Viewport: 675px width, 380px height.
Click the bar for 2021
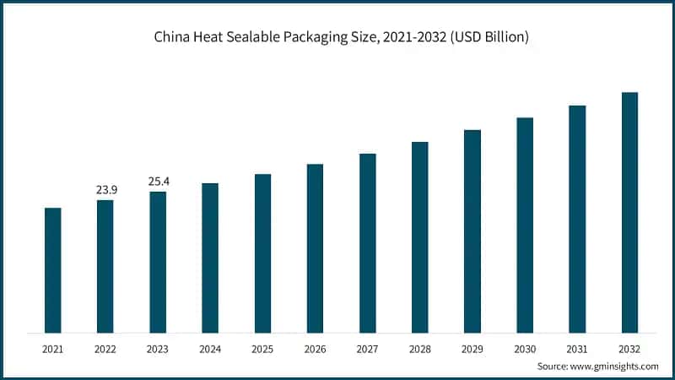tap(52, 270)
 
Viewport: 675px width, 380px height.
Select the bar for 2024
tap(210, 258)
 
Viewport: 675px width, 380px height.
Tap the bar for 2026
tap(315, 248)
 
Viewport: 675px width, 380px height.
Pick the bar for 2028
tap(420, 237)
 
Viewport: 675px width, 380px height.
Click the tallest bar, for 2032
tap(629, 212)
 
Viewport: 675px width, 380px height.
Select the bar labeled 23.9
tap(105, 266)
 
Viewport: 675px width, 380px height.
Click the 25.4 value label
tap(158, 182)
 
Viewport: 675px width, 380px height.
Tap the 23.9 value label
tap(105, 190)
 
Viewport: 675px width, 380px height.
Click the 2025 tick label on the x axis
tap(262, 349)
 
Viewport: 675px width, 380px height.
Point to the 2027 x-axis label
tap(367, 349)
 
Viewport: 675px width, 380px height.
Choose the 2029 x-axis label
tap(472, 349)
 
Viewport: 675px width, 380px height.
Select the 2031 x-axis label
tap(577, 349)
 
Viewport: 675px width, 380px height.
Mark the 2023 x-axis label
tap(158, 349)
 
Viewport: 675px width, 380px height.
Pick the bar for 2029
tap(472, 231)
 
